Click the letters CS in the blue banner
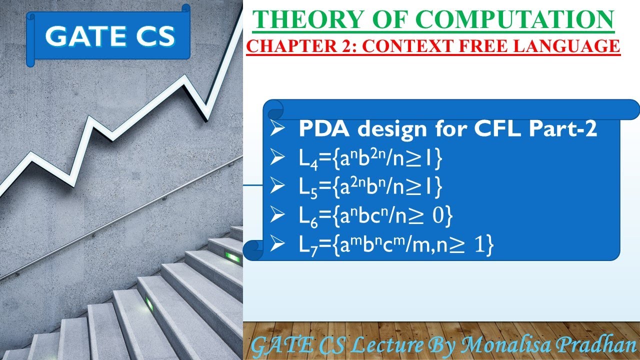pos(150,36)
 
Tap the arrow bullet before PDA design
pos(277,130)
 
